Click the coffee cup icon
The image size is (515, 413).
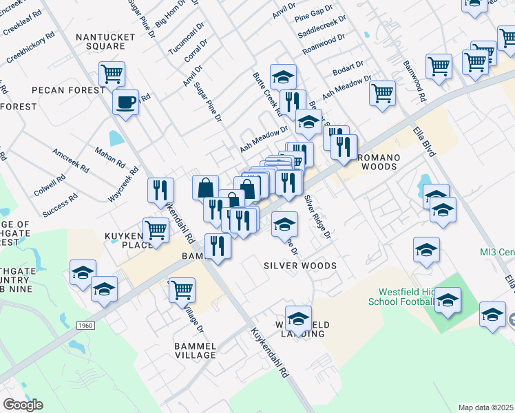pyautogui.click(x=125, y=103)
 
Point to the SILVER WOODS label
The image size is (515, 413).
pyautogui.click(x=300, y=266)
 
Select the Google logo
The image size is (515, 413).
pyautogui.click(x=23, y=405)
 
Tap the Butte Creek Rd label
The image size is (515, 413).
pyautogui.click(x=268, y=93)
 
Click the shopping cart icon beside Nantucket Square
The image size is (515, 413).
pyautogui.click(x=112, y=73)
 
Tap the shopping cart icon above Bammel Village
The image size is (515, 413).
pyautogui.click(x=182, y=290)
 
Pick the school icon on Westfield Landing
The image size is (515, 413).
pyautogui.click(x=298, y=318)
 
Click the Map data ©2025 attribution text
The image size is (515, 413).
pyautogui.click(x=486, y=407)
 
